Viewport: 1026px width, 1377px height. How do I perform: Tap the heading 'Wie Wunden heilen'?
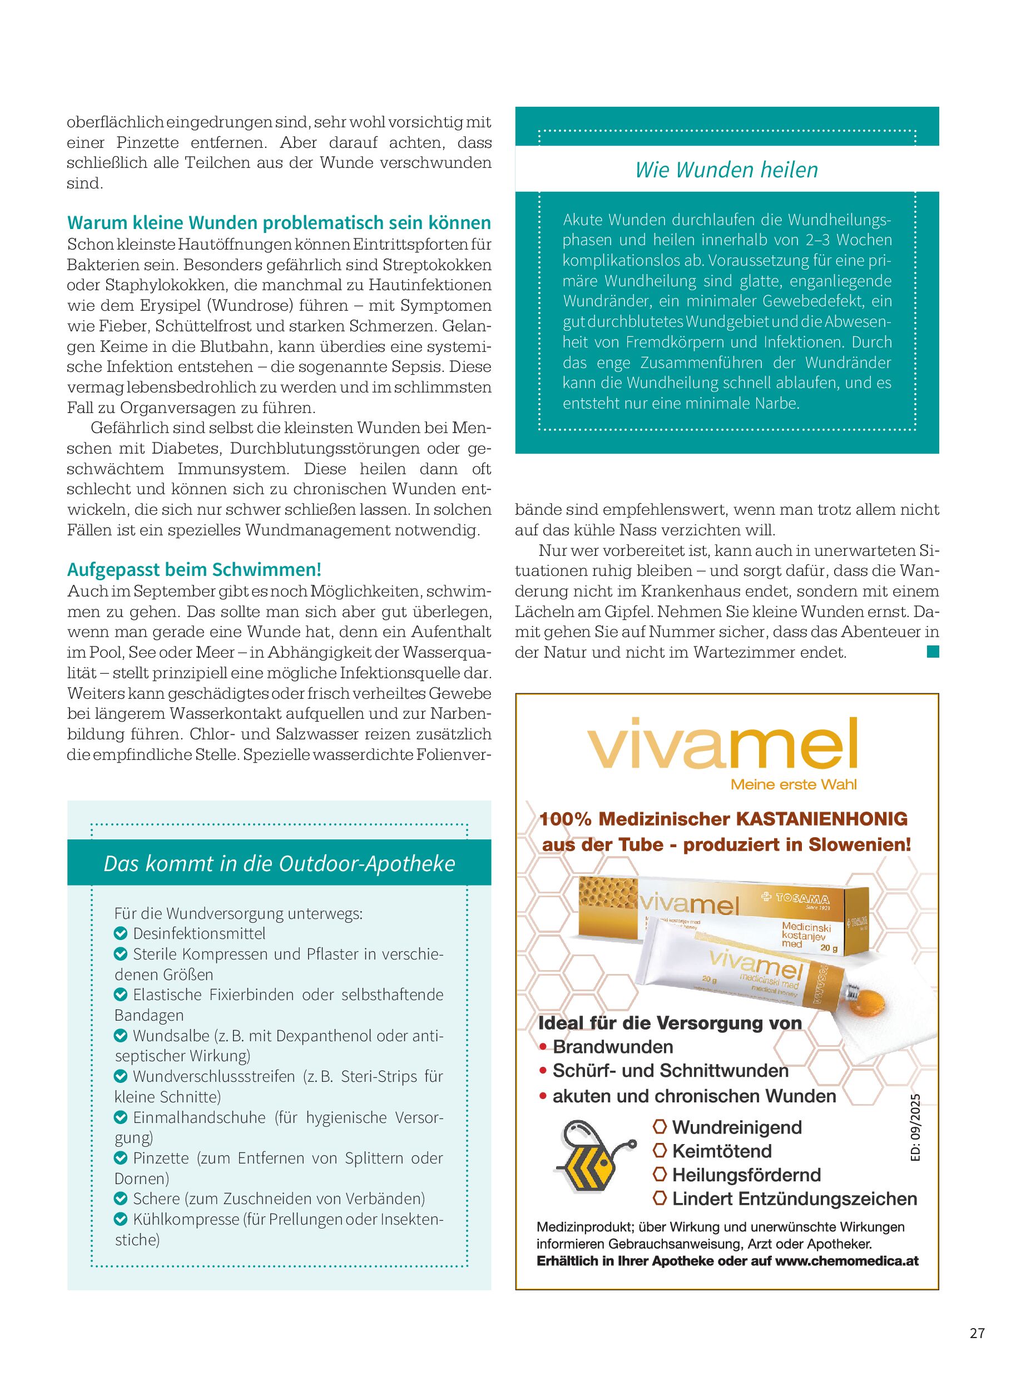[x=726, y=170]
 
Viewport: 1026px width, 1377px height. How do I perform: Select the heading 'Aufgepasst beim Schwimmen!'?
[x=194, y=569]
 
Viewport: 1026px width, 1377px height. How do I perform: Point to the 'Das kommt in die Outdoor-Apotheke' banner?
[x=279, y=863]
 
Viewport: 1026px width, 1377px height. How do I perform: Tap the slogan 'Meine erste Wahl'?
[x=793, y=785]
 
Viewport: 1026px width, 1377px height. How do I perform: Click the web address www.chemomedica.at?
[x=846, y=1261]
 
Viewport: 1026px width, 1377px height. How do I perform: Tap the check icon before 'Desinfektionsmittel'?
[x=121, y=934]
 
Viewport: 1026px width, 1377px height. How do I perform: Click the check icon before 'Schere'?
[x=121, y=1199]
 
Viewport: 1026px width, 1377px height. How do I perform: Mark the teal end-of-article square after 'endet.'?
[x=932, y=651]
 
